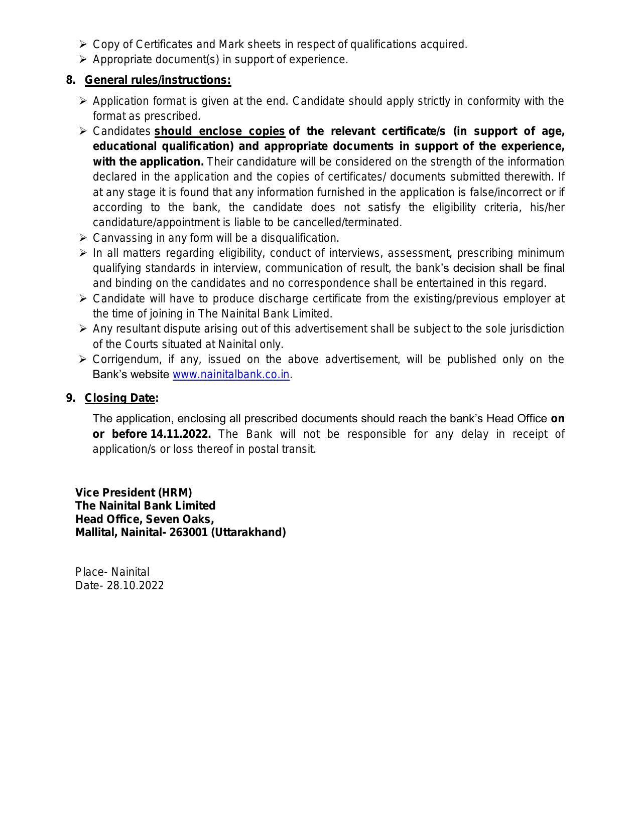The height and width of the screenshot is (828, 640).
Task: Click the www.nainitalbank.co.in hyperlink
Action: coord(231,375)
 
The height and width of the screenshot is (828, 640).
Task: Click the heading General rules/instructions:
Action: coord(158,80)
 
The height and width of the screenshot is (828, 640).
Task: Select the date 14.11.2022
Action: coord(180,434)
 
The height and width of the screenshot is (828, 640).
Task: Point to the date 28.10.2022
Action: coord(135,586)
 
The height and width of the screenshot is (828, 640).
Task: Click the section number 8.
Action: coord(70,80)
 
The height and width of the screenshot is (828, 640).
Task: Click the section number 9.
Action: coord(70,398)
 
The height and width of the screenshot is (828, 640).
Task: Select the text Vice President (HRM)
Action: coord(134,492)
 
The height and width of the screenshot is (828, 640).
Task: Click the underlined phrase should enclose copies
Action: coord(219,131)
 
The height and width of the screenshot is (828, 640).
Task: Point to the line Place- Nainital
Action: coord(112,572)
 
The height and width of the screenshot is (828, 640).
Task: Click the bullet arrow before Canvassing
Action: coord(83,238)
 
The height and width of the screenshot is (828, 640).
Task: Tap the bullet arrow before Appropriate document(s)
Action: coord(83,59)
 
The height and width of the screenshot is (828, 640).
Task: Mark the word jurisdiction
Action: coord(537,329)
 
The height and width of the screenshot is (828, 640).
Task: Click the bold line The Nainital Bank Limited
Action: coord(145,506)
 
